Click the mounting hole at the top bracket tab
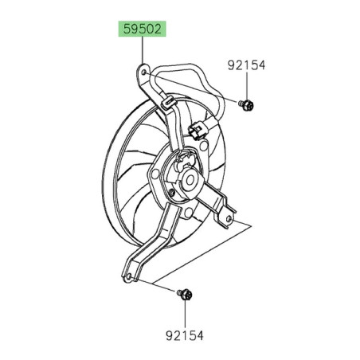(143, 74)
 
